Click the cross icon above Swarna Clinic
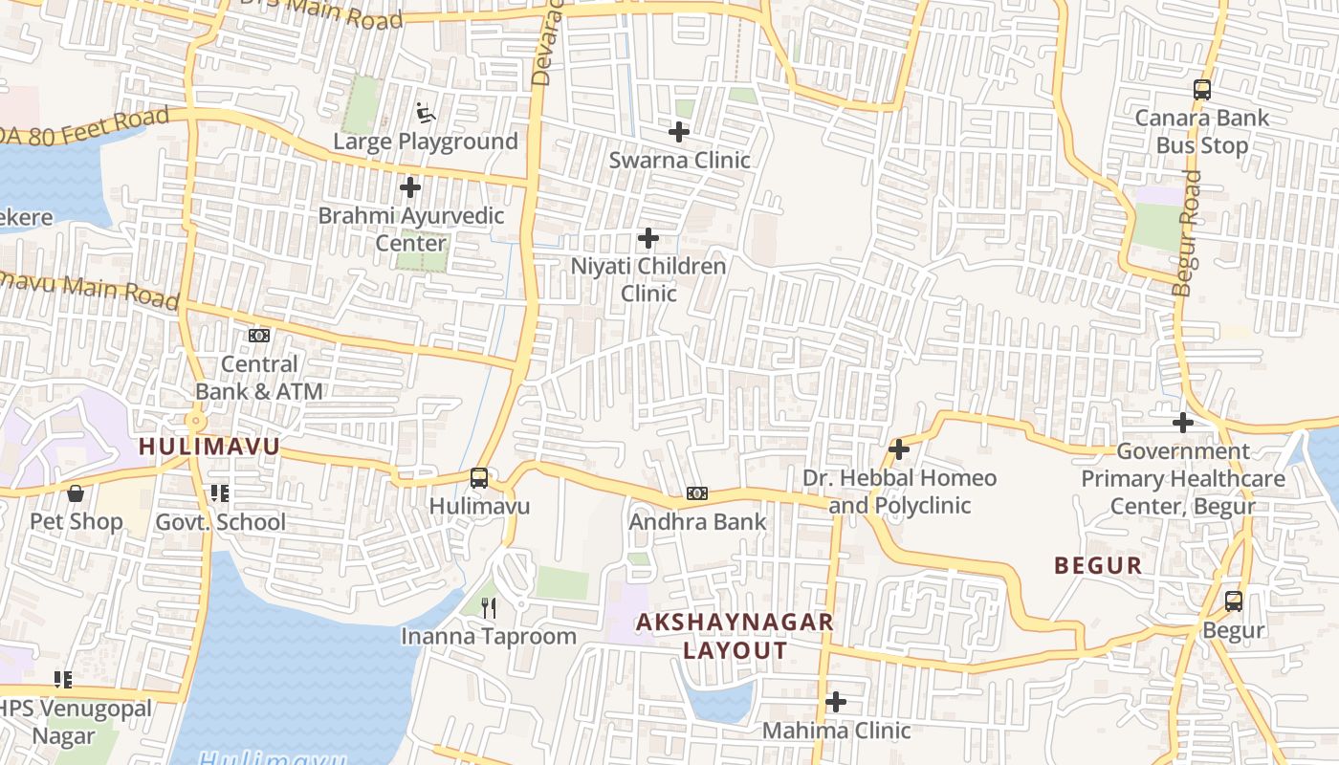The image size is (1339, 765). pos(679,132)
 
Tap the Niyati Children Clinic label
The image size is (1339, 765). pos(648,279)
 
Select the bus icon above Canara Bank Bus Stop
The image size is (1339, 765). pos(1202,91)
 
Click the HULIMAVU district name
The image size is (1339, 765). pos(209,447)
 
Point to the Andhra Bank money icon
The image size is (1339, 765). pos(697,494)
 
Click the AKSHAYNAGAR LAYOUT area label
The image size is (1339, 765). pos(735,636)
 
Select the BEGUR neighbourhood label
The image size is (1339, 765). pos(1098,565)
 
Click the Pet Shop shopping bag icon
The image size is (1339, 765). pos(76,493)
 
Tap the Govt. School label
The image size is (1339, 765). pos(220,522)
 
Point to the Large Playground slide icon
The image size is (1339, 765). pos(427,114)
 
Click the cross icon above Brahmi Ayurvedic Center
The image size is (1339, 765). pos(410,187)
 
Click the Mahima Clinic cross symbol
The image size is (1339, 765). pos(836,702)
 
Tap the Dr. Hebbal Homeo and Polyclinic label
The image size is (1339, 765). pos(899,492)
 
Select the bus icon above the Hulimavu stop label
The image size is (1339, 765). pos(479,478)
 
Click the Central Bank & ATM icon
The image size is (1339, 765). pos(259,336)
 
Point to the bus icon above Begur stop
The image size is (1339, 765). pos(1234,601)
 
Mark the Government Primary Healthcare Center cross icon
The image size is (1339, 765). pos(1183,422)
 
